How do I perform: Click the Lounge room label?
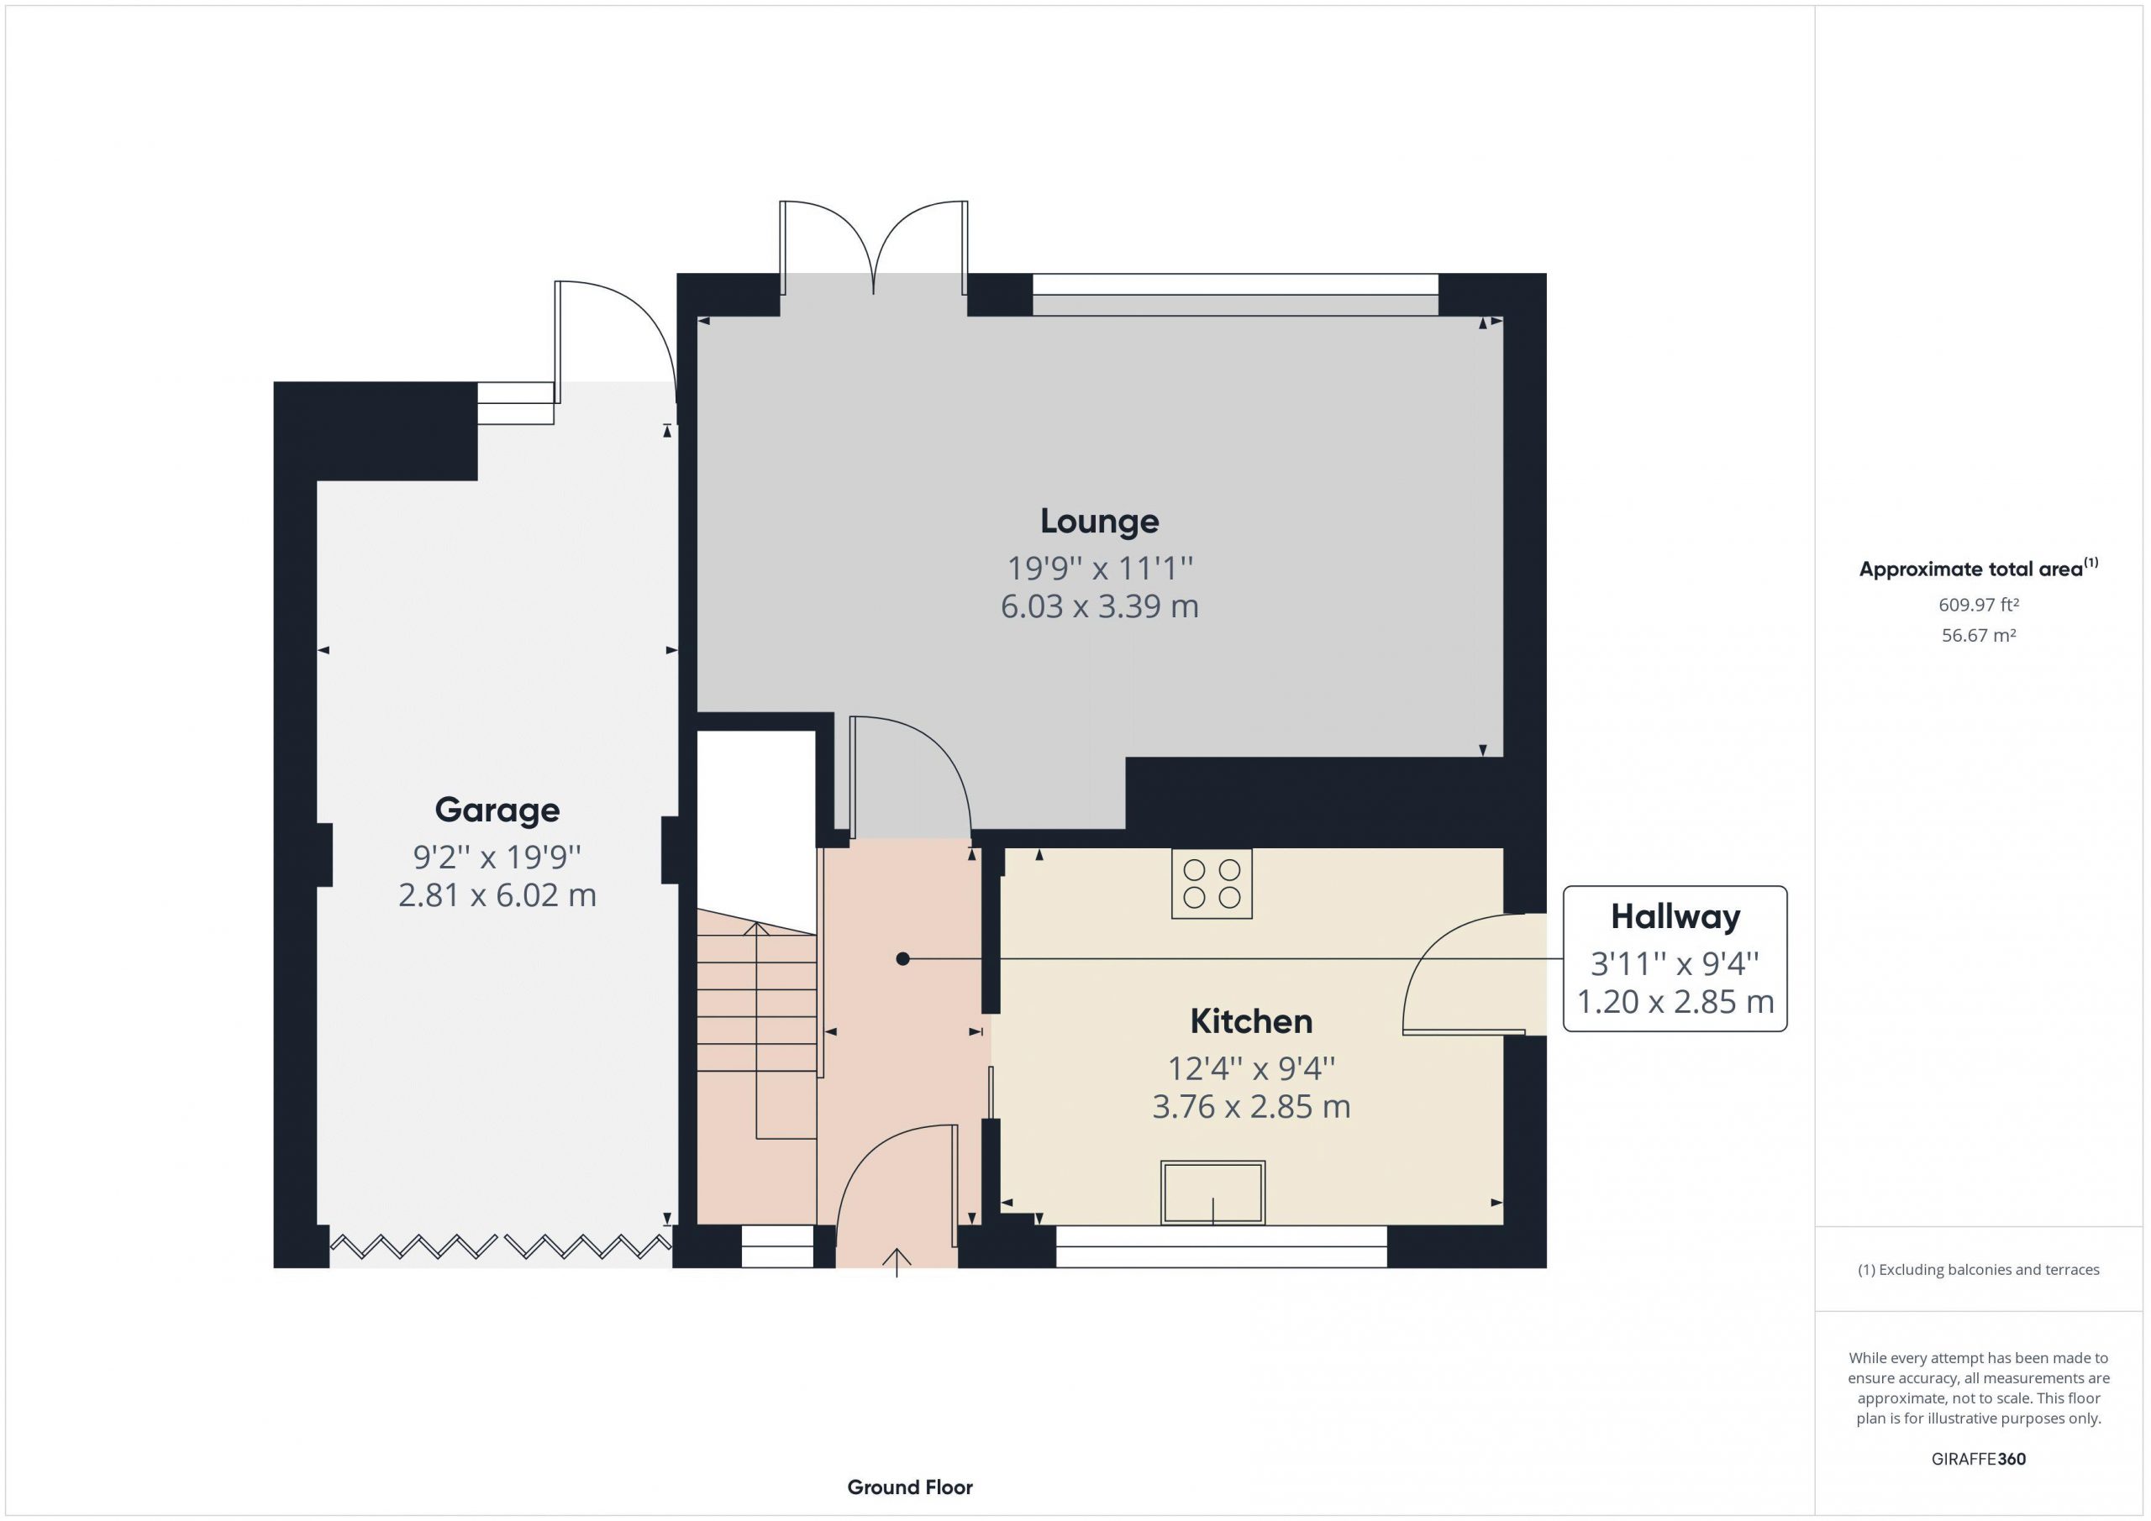[1099, 522]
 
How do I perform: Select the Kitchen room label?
[1251, 1021]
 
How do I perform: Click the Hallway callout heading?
[1675, 917]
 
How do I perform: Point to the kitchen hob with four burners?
[1212, 884]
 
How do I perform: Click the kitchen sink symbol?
[1212, 1193]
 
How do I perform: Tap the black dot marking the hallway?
[902, 959]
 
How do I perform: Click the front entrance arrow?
[897, 1262]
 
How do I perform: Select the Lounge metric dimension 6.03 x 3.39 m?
[1099, 607]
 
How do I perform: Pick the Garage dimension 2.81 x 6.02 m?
[497, 895]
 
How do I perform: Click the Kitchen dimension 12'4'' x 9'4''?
[1251, 1067]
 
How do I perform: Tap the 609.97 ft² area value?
[1979, 605]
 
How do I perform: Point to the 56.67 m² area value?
[1979, 635]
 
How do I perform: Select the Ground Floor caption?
[910, 1487]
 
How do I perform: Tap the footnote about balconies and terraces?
[1979, 1270]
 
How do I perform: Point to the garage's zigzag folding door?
[500, 1246]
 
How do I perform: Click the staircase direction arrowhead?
[756, 929]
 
